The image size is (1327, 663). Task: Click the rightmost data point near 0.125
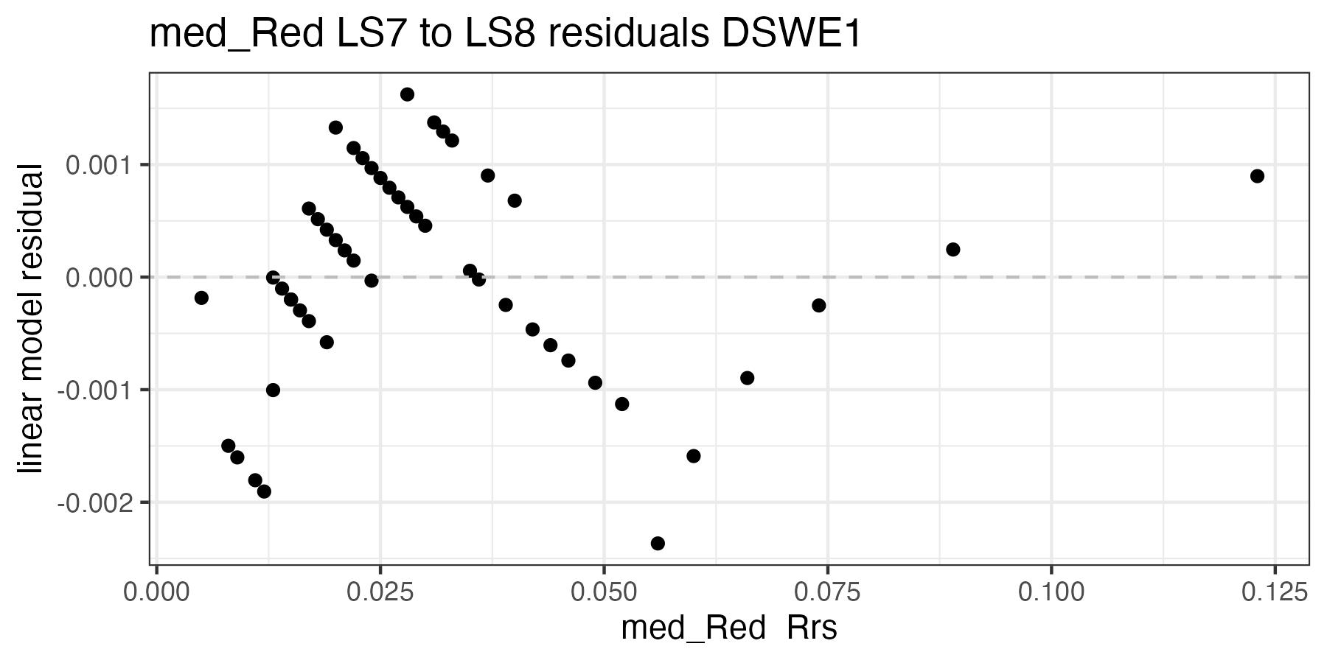pyautogui.click(x=1257, y=176)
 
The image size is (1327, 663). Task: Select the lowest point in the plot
pyautogui.click(x=658, y=544)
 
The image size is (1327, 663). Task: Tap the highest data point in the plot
pyautogui.click(x=407, y=94)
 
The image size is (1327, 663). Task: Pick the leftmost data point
pyautogui.click(x=201, y=298)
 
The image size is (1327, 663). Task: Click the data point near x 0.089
pyautogui.click(x=952, y=250)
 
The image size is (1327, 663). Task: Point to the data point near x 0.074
pyautogui.click(x=818, y=305)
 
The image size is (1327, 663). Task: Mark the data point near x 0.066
pyautogui.click(x=747, y=378)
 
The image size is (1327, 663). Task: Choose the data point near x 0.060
pyautogui.click(x=693, y=456)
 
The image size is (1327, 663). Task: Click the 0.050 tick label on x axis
pyautogui.click(x=604, y=592)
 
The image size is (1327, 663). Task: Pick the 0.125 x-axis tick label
pyautogui.click(x=1275, y=592)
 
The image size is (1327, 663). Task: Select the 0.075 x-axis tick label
pyautogui.click(x=827, y=592)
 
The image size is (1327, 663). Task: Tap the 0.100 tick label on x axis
pyautogui.click(x=1051, y=592)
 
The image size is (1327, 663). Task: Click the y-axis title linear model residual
pyautogui.click(x=31, y=318)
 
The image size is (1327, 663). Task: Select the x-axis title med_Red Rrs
pyautogui.click(x=729, y=628)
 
